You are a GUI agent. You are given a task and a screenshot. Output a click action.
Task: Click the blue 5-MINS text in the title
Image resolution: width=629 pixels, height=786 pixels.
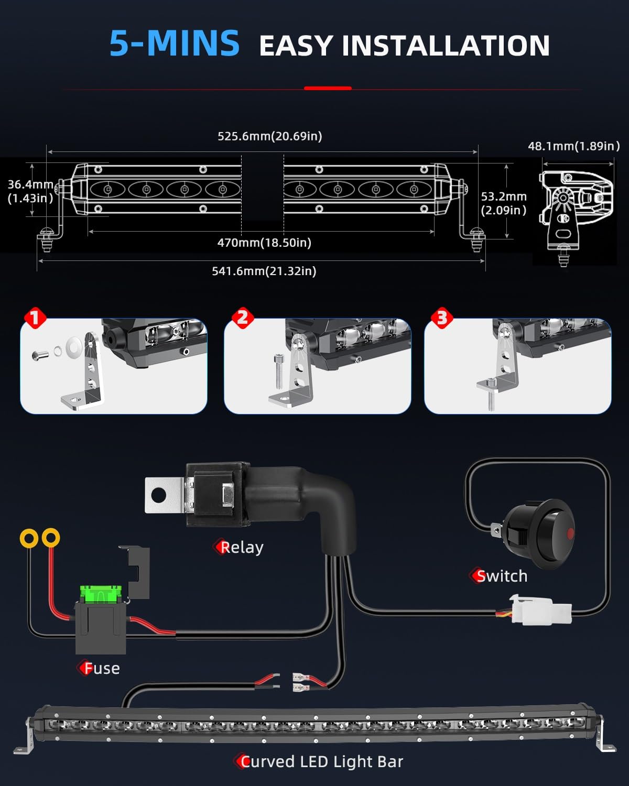click(x=175, y=43)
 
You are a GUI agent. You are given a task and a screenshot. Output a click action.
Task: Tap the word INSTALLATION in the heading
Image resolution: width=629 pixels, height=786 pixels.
click(x=446, y=46)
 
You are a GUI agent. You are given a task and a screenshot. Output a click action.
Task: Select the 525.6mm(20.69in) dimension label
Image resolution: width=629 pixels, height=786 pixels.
click(x=270, y=136)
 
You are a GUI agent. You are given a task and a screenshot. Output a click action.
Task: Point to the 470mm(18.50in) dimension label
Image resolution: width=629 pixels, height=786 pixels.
click(x=264, y=243)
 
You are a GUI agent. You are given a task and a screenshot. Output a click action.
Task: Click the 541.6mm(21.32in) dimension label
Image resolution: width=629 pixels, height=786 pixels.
click(x=264, y=271)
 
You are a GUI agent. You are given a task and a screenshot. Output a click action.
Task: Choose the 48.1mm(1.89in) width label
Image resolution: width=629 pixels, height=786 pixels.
click(x=574, y=146)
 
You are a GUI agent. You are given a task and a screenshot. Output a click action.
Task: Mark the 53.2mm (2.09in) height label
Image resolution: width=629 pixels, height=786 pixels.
click(x=504, y=203)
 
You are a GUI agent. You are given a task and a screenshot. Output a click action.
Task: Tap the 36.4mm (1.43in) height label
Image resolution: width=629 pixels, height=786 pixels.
click(x=31, y=191)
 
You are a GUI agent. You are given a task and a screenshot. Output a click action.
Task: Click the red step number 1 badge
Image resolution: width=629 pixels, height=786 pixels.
click(x=35, y=318)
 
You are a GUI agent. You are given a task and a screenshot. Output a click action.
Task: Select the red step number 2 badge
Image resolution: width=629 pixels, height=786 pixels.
click(x=243, y=318)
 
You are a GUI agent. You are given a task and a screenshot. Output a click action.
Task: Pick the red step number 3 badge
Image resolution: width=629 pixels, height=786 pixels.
click(x=442, y=318)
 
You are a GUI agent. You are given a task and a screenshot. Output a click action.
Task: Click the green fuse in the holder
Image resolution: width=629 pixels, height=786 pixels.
click(x=101, y=594)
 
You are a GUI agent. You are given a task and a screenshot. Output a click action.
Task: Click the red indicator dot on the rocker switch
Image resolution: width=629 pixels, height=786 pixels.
click(x=570, y=533)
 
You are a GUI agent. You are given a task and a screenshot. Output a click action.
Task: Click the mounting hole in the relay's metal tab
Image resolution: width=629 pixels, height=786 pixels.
click(x=159, y=495)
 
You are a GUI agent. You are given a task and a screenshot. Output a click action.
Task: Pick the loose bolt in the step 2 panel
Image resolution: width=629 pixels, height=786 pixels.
click(x=278, y=371)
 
